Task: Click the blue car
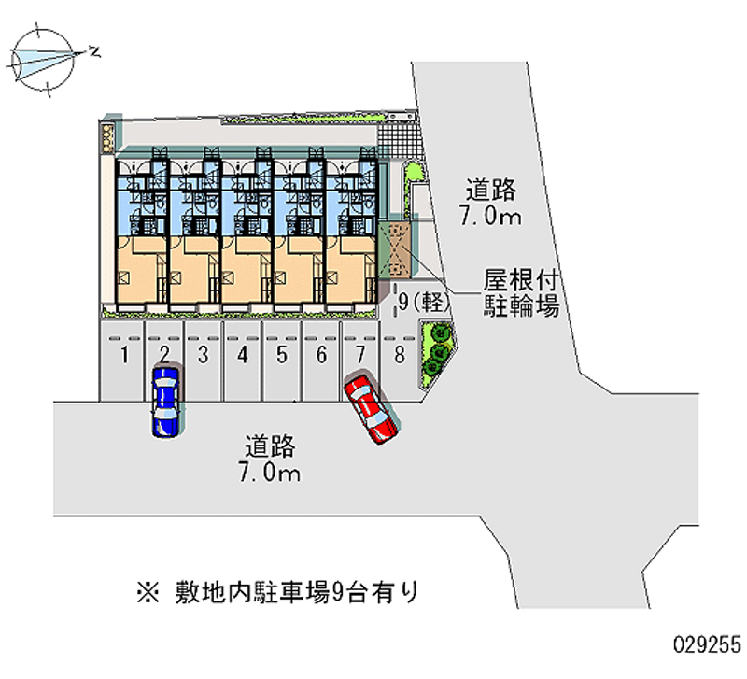click(x=165, y=402)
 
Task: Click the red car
click(x=371, y=409)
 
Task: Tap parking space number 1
click(x=122, y=361)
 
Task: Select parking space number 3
click(x=204, y=361)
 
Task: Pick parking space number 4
click(x=243, y=361)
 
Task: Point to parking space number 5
click(x=282, y=361)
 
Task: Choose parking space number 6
click(x=321, y=361)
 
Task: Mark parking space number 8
click(x=401, y=361)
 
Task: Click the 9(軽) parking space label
click(x=424, y=302)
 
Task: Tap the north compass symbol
click(x=42, y=60)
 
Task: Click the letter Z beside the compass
click(x=95, y=51)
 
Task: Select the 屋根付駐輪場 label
click(x=521, y=292)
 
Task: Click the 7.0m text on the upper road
click(x=490, y=216)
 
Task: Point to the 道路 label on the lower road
click(x=270, y=446)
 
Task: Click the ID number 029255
click(x=707, y=645)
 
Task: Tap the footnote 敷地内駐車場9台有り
click(x=296, y=592)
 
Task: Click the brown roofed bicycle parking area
click(x=394, y=249)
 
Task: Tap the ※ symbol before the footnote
click(x=148, y=593)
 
